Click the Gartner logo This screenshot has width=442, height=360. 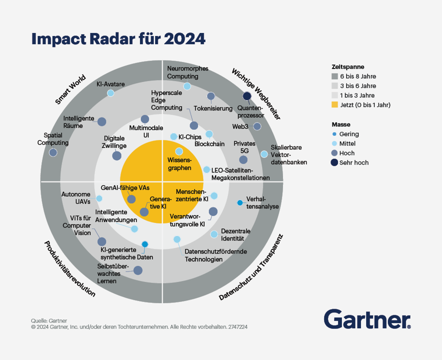[367, 318]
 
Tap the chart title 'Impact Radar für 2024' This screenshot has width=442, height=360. [118, 39]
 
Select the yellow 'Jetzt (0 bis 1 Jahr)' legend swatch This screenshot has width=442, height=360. [335, 105]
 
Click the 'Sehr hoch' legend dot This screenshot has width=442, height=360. [335, 162]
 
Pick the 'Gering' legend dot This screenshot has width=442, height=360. [335, 134]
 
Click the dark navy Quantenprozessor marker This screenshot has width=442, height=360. [246, 96]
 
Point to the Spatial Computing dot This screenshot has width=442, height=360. [53, 152]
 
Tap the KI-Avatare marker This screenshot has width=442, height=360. [110, 93]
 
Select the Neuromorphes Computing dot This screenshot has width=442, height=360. [187, 86]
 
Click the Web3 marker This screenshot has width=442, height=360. [257, 126]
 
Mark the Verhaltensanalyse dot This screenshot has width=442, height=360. [240, 202]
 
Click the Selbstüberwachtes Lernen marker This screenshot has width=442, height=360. [137, 270]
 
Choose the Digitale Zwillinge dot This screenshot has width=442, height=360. [116, 155]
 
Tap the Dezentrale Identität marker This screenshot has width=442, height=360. [214, 234]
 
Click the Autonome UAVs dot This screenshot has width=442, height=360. [99, 198]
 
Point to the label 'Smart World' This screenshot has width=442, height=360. [71, 89]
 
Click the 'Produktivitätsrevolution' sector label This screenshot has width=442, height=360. [69, 269]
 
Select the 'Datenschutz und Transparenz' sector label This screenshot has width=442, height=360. [251, 267]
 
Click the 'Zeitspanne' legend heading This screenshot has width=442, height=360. [347, 66]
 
